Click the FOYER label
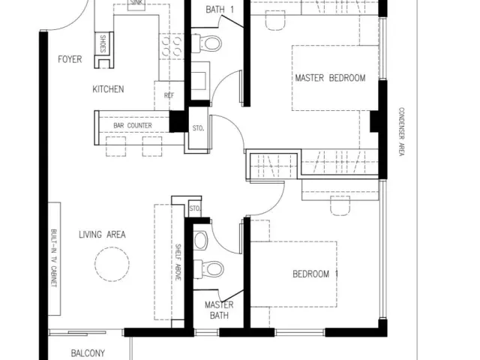tap(70, 59)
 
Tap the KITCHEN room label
tap(108, 89)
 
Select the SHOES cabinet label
tap(103, 43)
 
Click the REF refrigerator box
tap(169, 95)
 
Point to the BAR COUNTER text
tap(133, 125)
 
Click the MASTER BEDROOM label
tap(330, 78)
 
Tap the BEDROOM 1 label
tap(315, 274)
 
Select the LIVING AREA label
tap(102, 235)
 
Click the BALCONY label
tap(88, 353)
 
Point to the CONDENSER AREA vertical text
tap(401, 132)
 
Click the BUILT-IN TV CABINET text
tap(54, 258)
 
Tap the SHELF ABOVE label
tap(178, 262)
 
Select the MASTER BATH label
tap(219, 310)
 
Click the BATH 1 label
tap(220, 10)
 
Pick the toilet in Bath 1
tap(206, 43)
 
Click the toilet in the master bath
tap(208, 269)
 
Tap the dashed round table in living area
tap(112, 264)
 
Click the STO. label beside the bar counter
tap(198, 128)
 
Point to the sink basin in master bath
tap(201, 240)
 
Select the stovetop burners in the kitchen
tap(172, 46)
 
